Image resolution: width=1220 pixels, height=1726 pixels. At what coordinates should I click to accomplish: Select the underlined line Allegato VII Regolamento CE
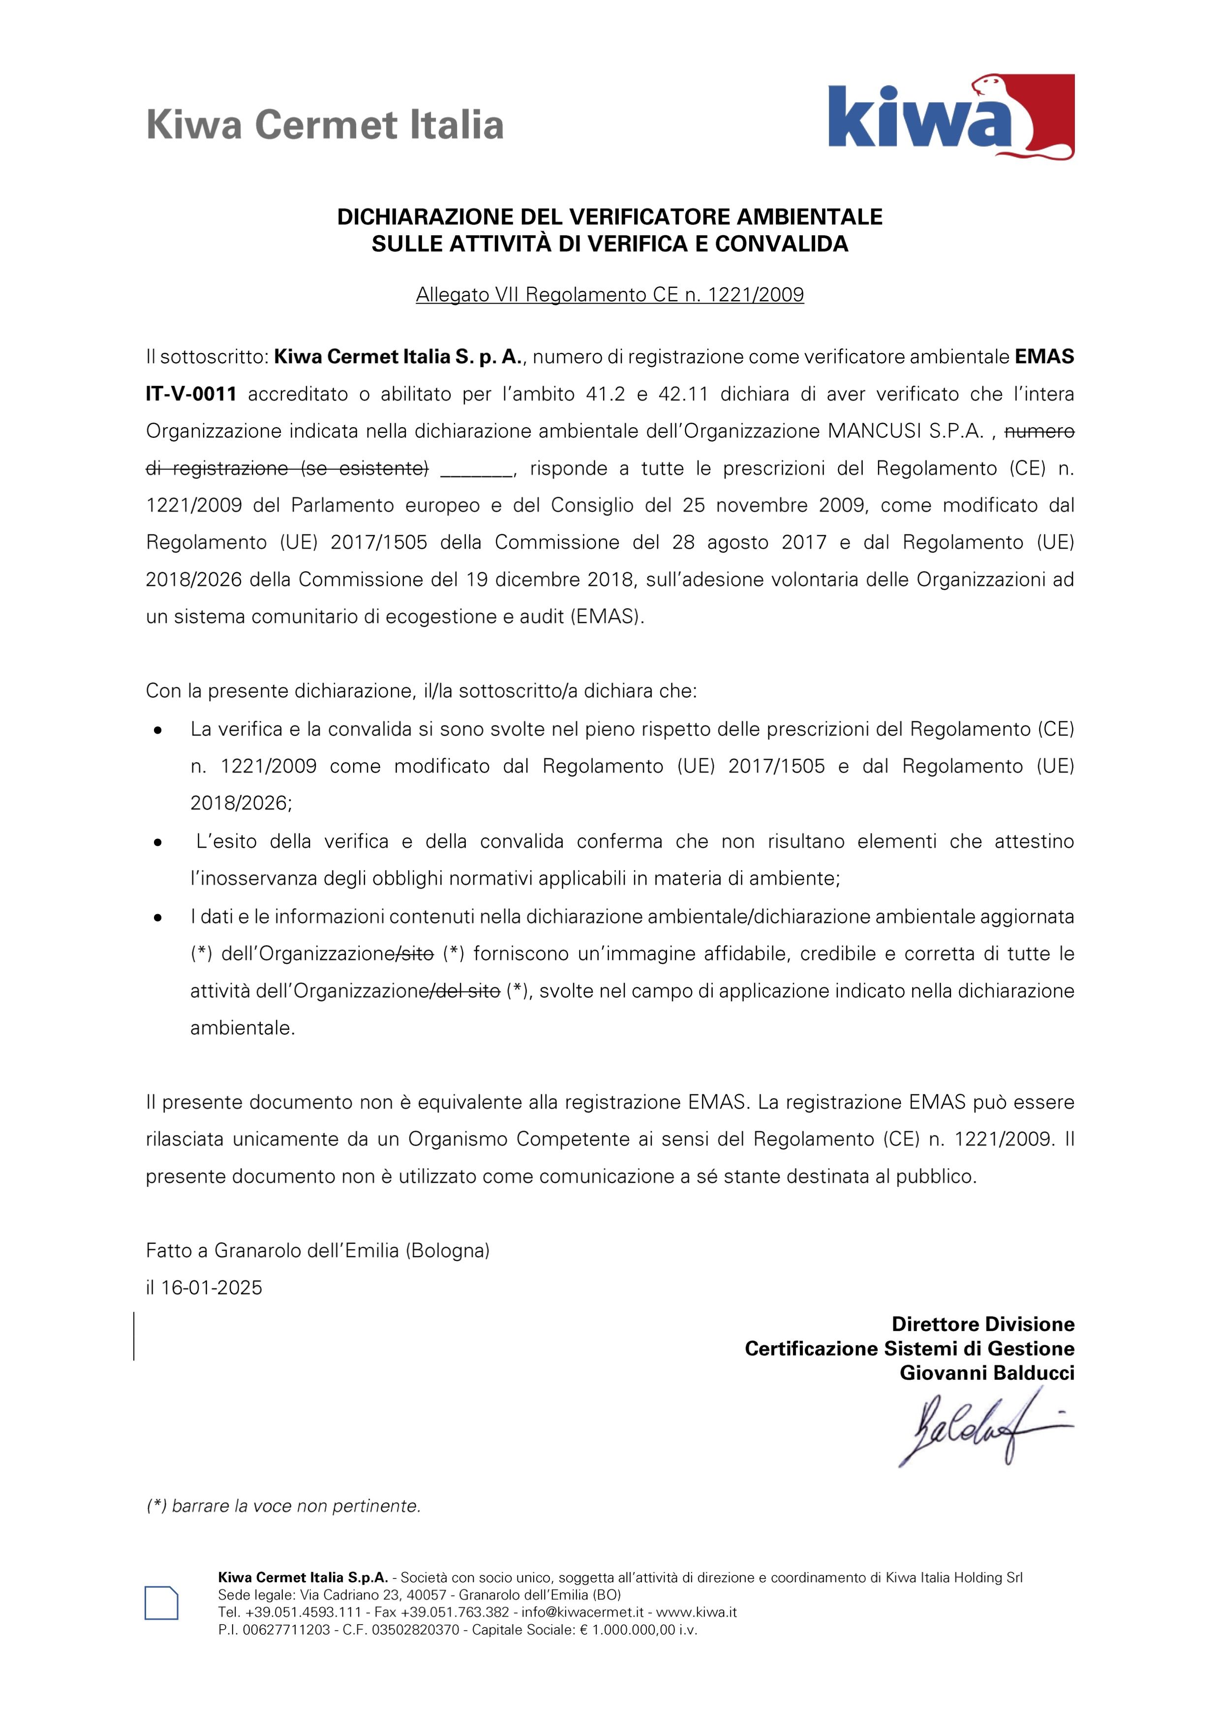610,295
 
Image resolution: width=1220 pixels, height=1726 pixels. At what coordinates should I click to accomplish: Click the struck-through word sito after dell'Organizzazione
415,954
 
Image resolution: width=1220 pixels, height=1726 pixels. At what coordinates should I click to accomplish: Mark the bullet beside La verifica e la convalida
158,730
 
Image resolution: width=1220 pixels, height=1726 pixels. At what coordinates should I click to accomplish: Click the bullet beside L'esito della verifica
158,843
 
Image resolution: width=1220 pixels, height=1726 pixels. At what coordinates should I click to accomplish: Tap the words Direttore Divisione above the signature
982,1324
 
